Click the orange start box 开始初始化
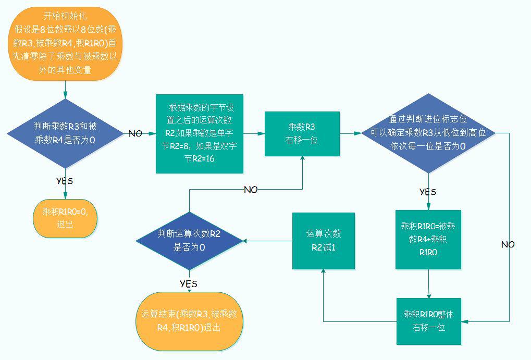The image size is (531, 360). click(x=65, y=44)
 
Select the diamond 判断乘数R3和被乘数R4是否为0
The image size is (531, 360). click(x=65, y=133)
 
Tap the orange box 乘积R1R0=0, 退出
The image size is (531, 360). click(x=65, y=218)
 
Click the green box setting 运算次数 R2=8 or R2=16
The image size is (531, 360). click(x=200, y=134)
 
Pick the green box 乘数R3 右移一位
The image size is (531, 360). click(x=302, y=134)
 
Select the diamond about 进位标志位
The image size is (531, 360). click(x=428, y=133)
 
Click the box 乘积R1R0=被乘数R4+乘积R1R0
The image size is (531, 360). click(x=428, y=240)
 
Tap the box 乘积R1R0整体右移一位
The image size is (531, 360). click(x=429, y=321)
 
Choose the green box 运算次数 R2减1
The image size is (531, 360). click(x=324, y=241)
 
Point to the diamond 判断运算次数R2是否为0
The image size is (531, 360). click(x=189, y=241)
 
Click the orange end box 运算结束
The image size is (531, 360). click(x=189, y=321)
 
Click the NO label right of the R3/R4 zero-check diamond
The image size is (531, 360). click(x=135, y=134)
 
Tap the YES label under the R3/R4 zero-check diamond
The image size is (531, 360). click(x=65, y=181)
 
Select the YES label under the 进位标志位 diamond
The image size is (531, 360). click(x=428, y=192)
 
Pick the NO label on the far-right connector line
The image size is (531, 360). click(x=508, y=244)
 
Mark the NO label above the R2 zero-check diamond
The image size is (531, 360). click(x=251, y=190)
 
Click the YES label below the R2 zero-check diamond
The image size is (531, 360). click(x=189, y=284)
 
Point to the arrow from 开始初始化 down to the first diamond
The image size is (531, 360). click(x=65, y=90)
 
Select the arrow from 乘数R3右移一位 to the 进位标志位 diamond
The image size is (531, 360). click(x=351, y=133)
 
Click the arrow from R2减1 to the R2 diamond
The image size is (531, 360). click(x=267, y=241)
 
